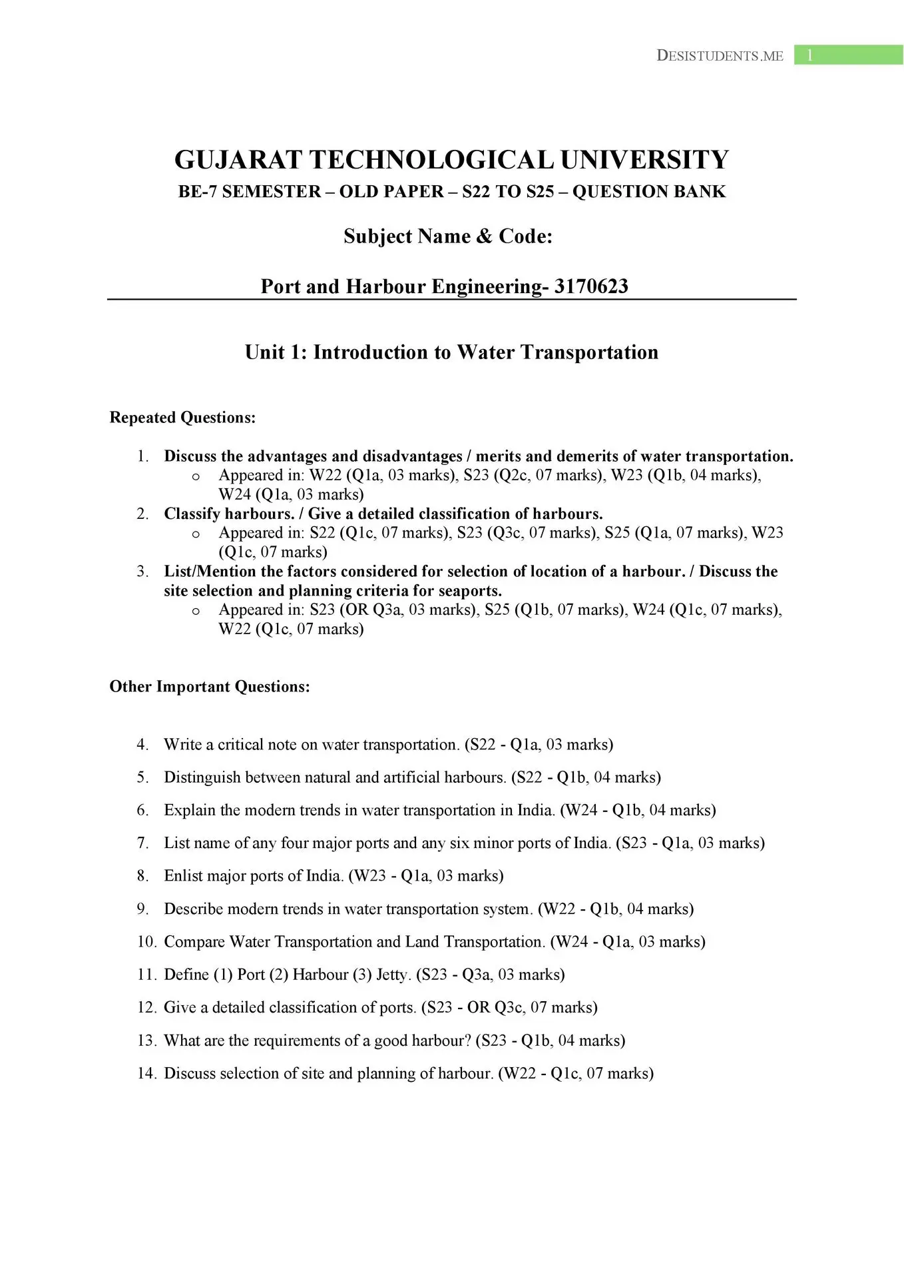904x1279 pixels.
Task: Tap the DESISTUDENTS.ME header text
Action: (x=720, y=56)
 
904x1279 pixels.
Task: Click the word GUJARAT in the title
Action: (x=238, y=161)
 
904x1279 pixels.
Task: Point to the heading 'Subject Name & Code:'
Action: (x=448, y=236)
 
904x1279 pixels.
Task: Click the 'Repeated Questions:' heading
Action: (x=182, y=418)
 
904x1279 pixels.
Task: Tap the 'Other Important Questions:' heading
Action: (x=210, y=687)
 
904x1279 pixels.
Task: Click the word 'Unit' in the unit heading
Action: (x=265, y=352)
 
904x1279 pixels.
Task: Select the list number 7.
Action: (x=142, y=843)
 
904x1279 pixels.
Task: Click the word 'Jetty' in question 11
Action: (x=392, y=975)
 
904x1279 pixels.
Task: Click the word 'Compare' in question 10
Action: (x=194, y=942)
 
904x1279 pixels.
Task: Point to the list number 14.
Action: (x=146, y=1073)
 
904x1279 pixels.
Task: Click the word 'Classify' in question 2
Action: (x=192, y=514)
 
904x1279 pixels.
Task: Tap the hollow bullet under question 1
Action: (x=196, y=476)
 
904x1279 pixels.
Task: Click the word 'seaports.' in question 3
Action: (x=470, y=591)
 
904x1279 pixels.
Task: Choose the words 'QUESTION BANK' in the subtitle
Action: (x=648, y=192)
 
